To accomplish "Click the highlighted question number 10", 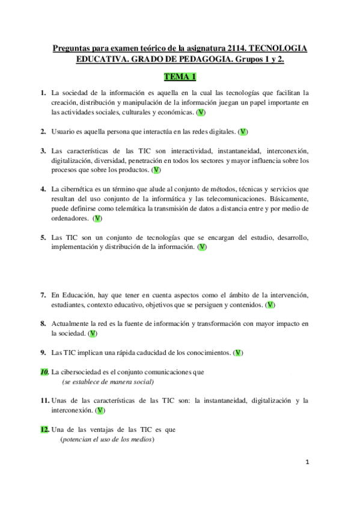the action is (x=44, y=372).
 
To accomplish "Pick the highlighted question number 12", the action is (x=44, y=429).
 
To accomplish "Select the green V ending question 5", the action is (x=203, y=247).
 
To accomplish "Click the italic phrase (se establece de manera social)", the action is (x=108, y=382).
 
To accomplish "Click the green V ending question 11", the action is (x=101, y=410).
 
